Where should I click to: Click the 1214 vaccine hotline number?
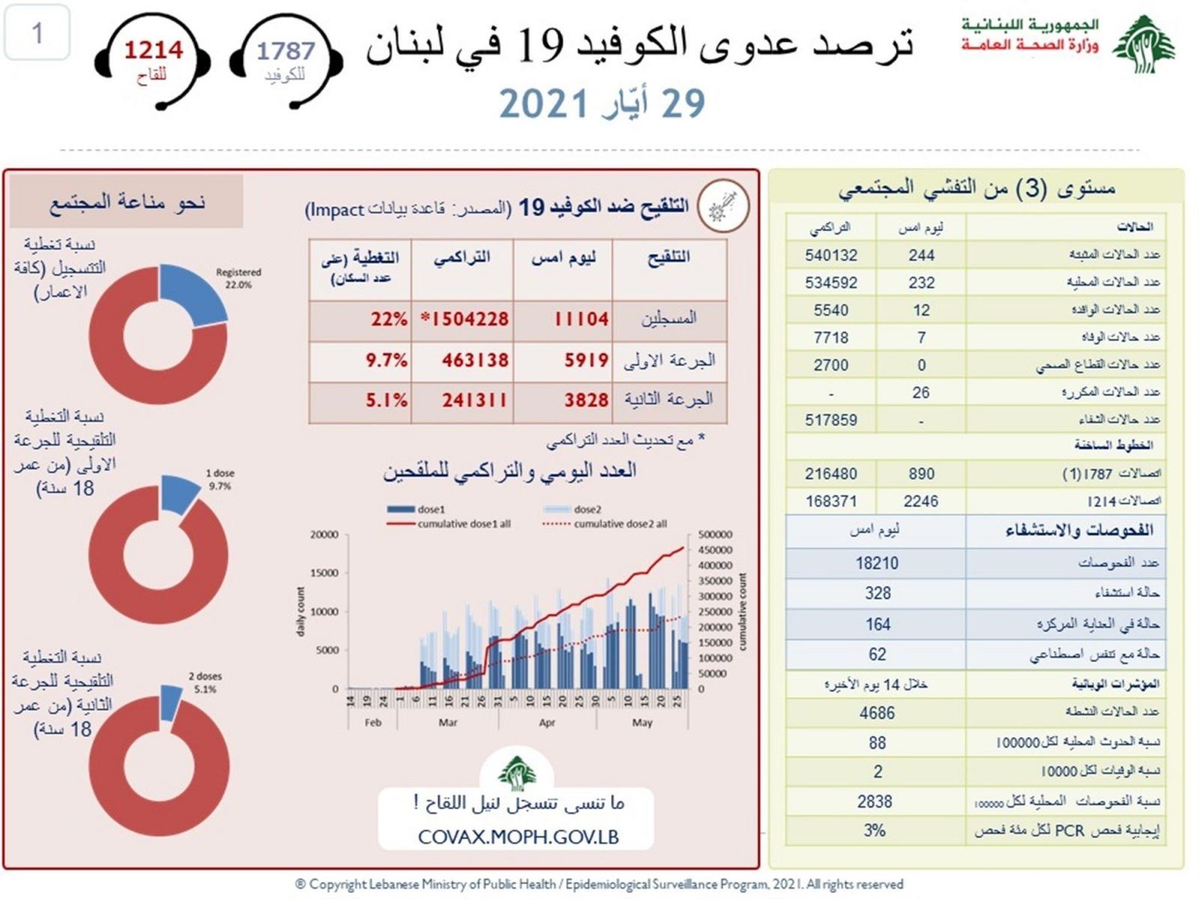(153, 50)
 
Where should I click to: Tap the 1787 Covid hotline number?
(286, 51)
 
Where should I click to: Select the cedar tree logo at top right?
(1144, 45)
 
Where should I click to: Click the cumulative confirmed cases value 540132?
(831, 255)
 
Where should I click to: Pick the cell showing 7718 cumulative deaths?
(831, 338)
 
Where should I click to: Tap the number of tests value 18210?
(877, 563)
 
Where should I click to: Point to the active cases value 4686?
(877, 712)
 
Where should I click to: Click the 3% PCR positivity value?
(875, 831)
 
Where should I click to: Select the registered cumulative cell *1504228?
(465, 319)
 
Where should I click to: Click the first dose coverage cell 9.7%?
(387, 360)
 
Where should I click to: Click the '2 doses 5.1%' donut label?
(205, 682)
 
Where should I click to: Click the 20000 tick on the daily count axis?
(324, 535)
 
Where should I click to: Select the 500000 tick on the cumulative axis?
(716, 535)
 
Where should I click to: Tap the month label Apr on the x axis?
(547, 723)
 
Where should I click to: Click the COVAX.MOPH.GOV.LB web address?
(519, 838)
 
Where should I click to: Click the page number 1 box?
(37, 33)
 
